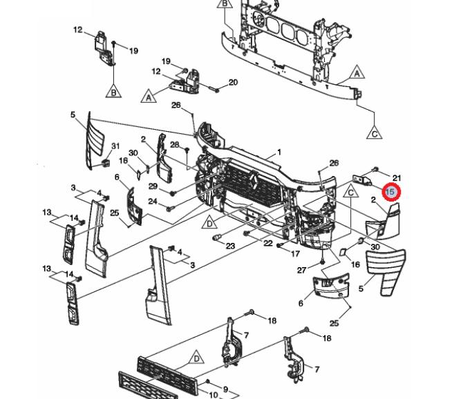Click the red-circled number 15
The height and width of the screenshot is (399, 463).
pyautogui.click(x=391, y=192)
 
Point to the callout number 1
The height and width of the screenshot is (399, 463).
pyautogui.click(x=279, y=152)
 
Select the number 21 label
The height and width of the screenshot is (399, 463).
pyautogui.click(x=397, y=178)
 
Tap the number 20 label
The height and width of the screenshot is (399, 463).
pyautogui.click(x=234, y=83)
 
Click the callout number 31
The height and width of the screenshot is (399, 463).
pyautogui.click(x=115, y=146)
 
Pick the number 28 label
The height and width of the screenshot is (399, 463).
pyautogui.click(x=175, y=144)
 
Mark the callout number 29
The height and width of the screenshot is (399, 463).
pyautogui.click(x=153, y=187)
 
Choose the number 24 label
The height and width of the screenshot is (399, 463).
pyautogui.click(x=153, y=202)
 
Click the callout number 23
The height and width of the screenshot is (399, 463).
pyautogui.click(x=230, y=246)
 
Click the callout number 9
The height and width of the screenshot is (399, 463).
pyautogui.click(x=225, y=389)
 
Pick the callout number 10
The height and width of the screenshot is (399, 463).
pyautogui.click(x=214, y=396)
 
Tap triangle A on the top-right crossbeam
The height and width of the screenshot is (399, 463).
pyautogui.click(x=357, y=72)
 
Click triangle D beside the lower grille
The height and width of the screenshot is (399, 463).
pyautogui.click(x=196, y=359)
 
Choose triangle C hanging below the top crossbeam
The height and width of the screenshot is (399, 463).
pyautogui.click(x=374, y=133)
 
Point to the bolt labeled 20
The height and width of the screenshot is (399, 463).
pyautogui.click(x=216, y=88)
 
